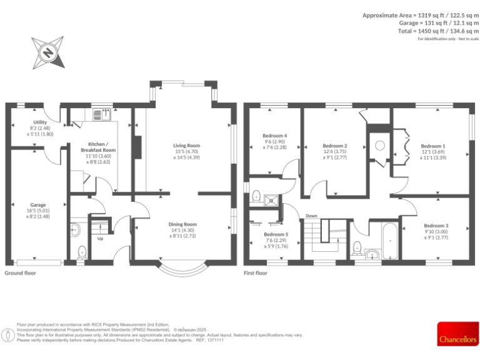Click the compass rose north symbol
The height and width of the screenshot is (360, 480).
pyautogui.click(x=47, y=52)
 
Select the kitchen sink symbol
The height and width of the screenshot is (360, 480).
pyautogui.click(x=101, y=114)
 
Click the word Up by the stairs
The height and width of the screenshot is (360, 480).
pyautogui.click(x=99, y=238)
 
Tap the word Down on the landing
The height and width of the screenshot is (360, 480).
pyautogui.click(x=311, y=216)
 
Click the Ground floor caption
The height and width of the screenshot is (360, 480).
pyautogui.click(x=21, y=273)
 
